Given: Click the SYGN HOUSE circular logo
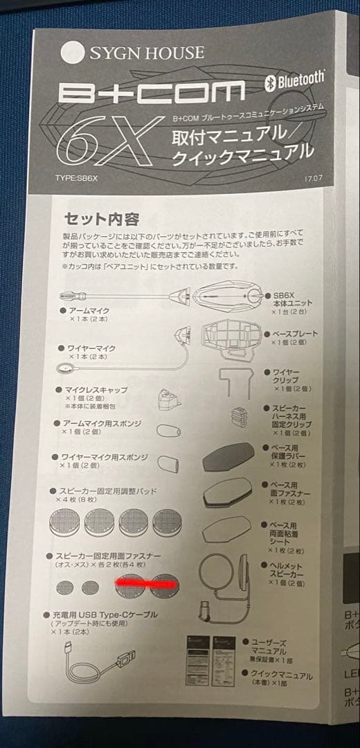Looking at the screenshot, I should (x=71, y=53).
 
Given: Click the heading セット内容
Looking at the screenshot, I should (x=101, y=220).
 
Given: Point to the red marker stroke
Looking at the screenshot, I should (x=147, y=585).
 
